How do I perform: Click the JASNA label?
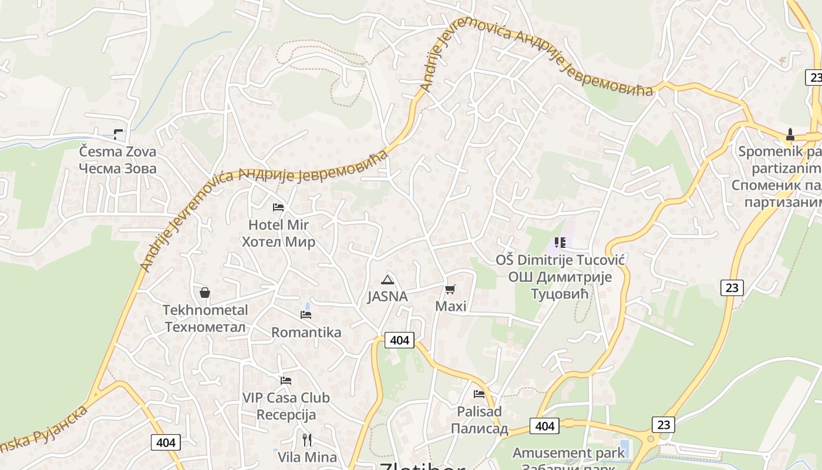pos(388,296)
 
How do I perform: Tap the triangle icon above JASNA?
pos(387,280)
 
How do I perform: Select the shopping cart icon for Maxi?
pos(450,288)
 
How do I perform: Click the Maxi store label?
pos(451,306)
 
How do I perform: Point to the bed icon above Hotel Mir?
pos(278,207)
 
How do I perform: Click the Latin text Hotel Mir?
pos(278,224)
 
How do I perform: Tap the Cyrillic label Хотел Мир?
pos(278,241)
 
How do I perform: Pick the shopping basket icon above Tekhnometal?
pos(205,292)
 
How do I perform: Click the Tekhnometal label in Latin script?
pos(205,310)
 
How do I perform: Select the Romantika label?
pos(306,333)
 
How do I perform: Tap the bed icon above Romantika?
pos(306,315)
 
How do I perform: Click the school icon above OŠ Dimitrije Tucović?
pos(560,242)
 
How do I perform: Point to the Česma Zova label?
pos(118,152)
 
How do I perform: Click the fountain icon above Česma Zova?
pos(119,135)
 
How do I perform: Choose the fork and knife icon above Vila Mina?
pos(306,439)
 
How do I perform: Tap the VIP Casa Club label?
pos(286,398)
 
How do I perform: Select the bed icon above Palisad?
pos(479,394)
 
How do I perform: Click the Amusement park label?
pos(568,453)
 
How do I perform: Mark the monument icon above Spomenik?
pos(790,135)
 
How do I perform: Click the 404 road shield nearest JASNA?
pos(399,340)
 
